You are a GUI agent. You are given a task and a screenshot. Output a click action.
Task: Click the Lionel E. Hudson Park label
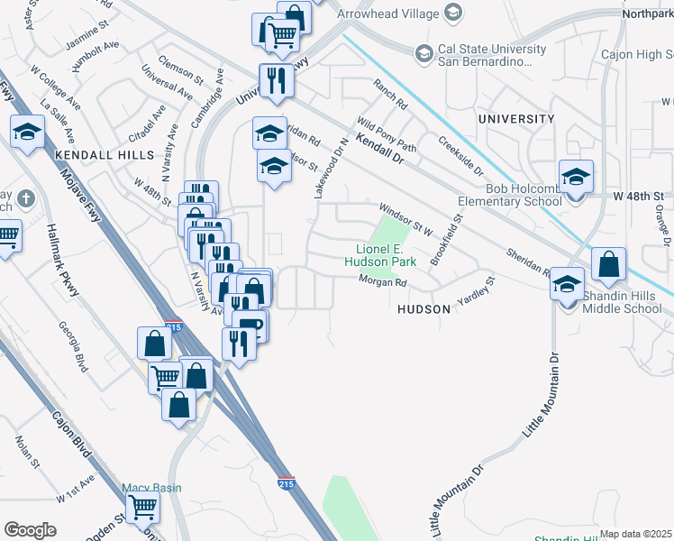click(386, 255)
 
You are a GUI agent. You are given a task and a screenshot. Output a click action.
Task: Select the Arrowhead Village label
click(388, 14)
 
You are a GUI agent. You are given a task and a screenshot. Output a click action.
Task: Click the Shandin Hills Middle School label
click(621, 302)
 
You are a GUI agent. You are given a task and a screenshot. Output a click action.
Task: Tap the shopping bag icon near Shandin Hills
click(609, 265)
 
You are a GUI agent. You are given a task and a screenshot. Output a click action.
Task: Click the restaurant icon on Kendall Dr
click(275, 82)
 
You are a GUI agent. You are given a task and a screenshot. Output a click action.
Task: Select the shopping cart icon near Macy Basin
click(142, 510)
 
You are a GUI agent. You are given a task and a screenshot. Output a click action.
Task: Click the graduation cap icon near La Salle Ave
click(27, 133)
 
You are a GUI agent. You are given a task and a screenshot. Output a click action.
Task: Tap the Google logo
click(31, 530)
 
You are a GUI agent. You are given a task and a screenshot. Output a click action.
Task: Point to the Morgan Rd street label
click(384, 282)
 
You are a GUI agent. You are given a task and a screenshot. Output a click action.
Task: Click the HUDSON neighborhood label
click(424, 308)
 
